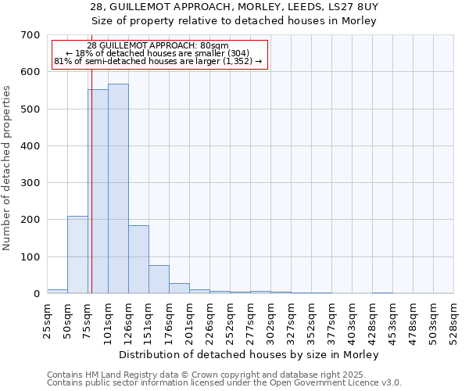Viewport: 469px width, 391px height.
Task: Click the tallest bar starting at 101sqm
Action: coord(118,188)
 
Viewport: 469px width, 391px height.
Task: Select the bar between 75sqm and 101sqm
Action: coord(98,192)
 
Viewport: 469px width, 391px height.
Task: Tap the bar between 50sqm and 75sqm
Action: coord(77,255)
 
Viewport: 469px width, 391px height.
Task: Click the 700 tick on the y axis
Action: coord(30,35)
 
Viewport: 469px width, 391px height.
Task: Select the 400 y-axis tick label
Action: coord(30,146)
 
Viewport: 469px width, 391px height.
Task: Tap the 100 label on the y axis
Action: coord(30,257)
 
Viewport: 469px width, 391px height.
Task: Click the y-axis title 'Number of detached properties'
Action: coord(8,169)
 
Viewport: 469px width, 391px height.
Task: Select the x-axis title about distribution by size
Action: coord(250,355)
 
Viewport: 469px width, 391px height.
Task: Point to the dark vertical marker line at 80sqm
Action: coord(91,195)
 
